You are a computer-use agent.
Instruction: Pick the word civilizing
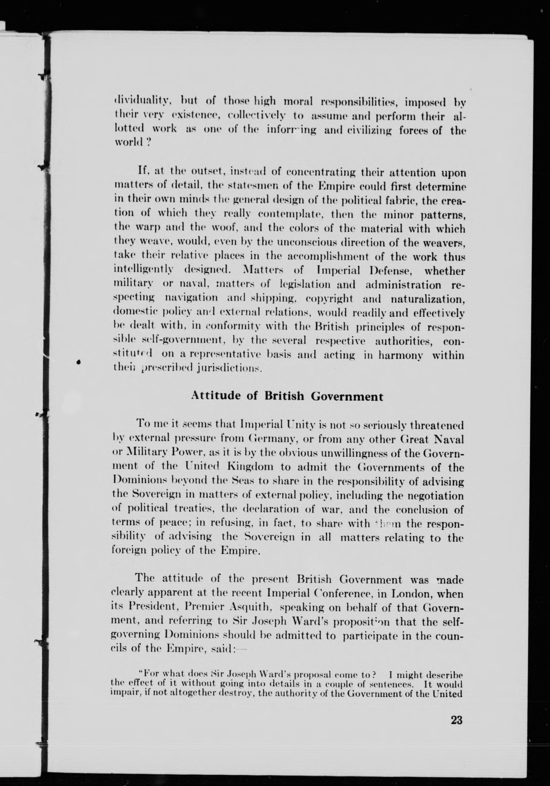(x=368, y=130)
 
